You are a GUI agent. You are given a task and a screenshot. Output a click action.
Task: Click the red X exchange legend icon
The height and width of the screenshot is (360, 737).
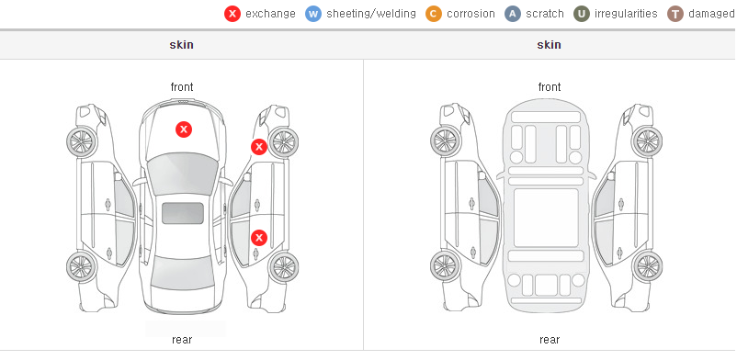click(x=232, y=14)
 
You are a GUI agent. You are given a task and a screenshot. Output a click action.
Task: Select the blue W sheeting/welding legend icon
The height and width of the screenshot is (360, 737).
click(x=313, y=14)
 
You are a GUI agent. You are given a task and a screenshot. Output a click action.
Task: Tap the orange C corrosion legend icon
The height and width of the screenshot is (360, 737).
click(x=434, y=14)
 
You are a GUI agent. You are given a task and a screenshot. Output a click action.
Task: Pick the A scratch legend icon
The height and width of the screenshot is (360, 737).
click(x=513, y=14)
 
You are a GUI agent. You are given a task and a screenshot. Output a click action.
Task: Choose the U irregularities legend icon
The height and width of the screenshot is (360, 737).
click(x=582, y=14)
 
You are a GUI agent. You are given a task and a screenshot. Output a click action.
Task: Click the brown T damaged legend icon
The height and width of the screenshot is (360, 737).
click(x=675, y=14)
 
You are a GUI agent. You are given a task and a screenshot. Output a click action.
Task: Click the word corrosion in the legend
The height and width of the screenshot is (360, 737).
click(x=471, y=14)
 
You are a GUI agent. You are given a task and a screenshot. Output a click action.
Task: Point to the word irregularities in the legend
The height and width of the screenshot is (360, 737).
click(x=626, y=14)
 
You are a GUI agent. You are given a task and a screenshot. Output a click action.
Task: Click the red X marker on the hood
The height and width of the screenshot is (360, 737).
click(x=184, y=129)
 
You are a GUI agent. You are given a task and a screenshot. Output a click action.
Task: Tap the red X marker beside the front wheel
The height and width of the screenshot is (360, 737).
click(x=258, y=147)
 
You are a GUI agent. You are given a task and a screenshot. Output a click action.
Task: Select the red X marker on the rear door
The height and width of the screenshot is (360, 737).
click(x=258, y=238)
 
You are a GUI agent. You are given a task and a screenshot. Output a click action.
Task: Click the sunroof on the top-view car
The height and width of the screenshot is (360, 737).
click(x=183, y=213)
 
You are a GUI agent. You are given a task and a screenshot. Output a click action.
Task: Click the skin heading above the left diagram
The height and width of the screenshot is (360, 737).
click(x=181, y=45)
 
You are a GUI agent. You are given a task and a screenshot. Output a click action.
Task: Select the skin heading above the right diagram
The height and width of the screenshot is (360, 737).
click(x=549, y=45)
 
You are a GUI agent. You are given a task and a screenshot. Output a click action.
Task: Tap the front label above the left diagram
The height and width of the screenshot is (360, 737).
click(x=182, y=87)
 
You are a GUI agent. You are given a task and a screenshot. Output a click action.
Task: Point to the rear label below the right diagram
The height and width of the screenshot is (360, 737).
click(x=550, y=340)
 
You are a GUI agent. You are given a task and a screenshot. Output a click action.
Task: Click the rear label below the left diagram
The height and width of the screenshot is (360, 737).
click(x=182, y=340)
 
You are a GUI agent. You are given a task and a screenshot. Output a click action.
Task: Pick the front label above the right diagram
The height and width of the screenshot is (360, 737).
click(x=550, y=87)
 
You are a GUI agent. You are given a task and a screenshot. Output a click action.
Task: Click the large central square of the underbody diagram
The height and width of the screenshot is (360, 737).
click(x=546, y=218)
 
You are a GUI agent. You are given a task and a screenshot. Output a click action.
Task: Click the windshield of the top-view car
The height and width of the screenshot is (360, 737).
click(x=183, y=173)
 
